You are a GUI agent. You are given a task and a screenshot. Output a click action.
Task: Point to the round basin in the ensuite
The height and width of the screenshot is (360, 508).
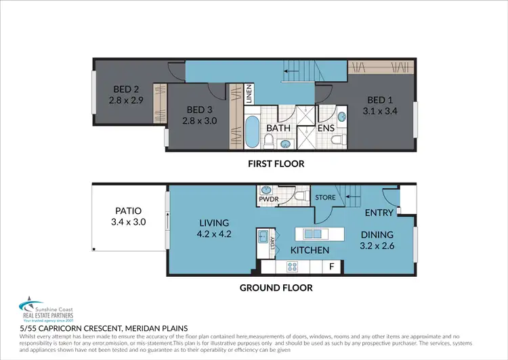(342, 116)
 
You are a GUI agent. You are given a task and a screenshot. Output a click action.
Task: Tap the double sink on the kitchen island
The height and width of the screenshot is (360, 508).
(313, 234)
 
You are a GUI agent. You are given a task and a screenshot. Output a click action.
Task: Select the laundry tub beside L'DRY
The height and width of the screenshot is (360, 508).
(262, 236)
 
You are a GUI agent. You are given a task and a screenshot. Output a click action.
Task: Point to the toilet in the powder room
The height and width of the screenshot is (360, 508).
(299, 197)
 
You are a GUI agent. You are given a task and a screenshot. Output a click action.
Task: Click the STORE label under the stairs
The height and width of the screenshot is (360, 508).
(325, 198)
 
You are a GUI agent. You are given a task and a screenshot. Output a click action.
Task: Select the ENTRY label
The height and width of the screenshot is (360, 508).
(378, 212)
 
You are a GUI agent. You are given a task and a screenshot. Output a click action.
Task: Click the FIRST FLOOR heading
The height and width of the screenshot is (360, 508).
(276, 163)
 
